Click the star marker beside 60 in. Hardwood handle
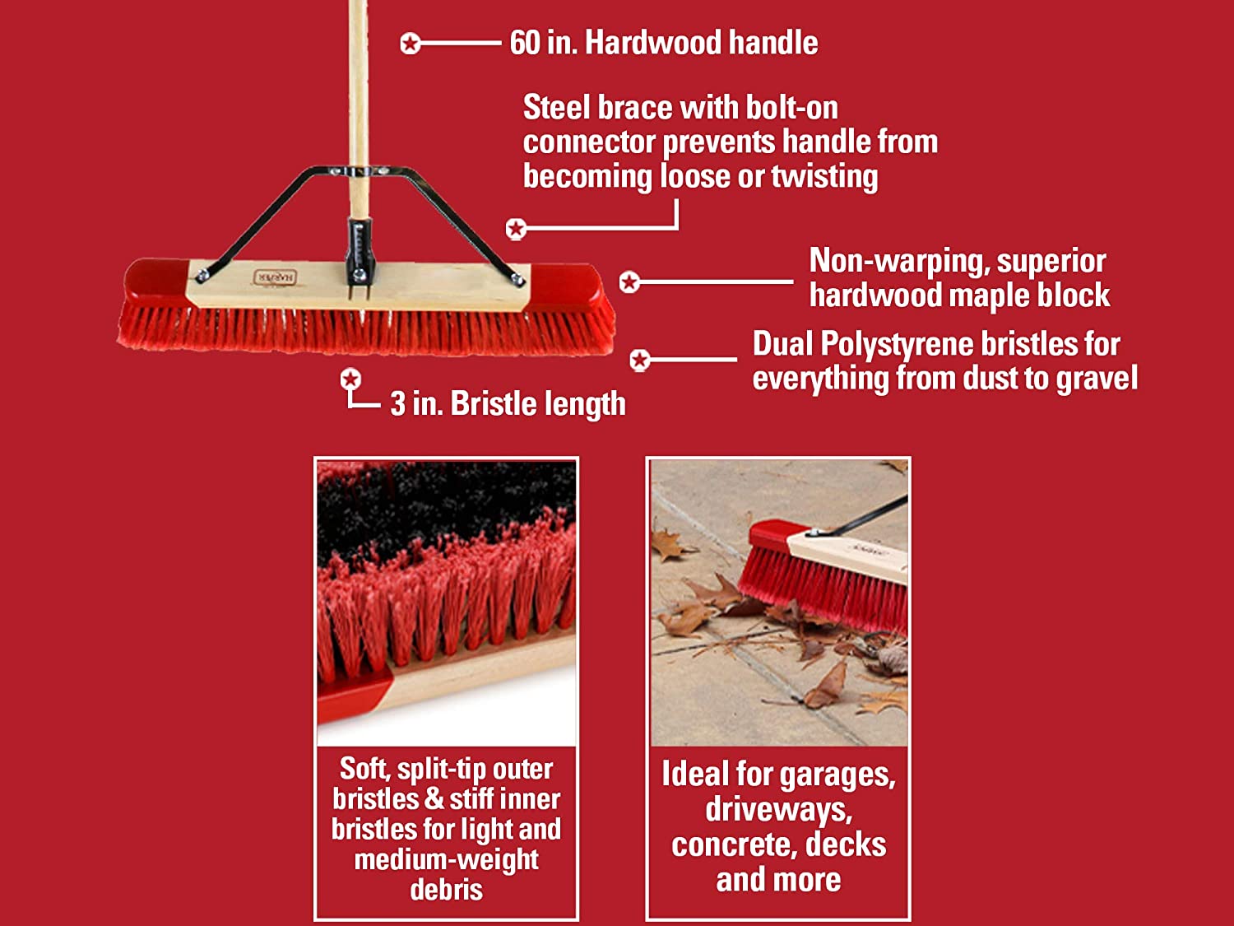point(411,44)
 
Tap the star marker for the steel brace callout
point(516,229)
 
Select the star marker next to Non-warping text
point(629,282)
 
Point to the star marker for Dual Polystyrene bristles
point(640,360)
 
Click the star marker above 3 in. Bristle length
point(350,379)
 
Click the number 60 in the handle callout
point(525,43)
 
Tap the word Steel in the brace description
point(557,107)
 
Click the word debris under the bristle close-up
point(447,890)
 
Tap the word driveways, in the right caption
point(778,810)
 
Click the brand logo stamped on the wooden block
point(275,277)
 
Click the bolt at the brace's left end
point(202,275)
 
